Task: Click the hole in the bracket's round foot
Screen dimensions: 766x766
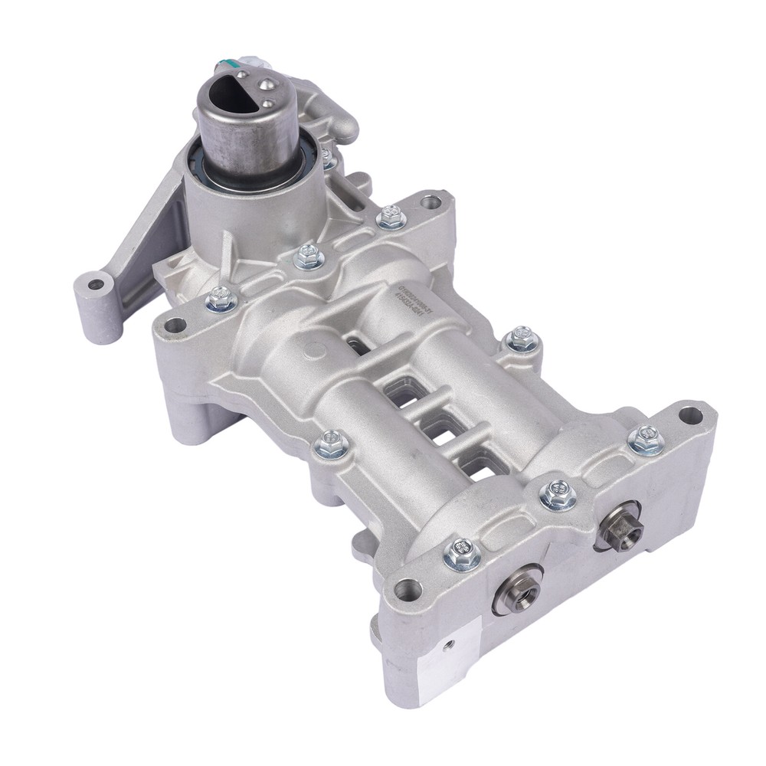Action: point(96,285)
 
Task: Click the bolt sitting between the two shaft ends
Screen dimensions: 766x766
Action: point(558,495)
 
